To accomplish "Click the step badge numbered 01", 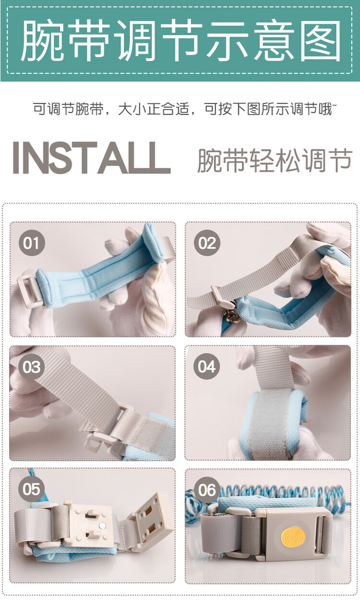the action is tap(32, 242).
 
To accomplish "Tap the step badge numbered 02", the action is tap(207, 242).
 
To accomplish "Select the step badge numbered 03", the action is tap(32, 366).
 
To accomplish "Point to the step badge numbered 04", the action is tap(207, 366).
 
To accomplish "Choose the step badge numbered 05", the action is tap(32, 489).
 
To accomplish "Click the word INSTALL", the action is tap(92, 157).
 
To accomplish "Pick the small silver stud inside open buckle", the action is tap(102, 525).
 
